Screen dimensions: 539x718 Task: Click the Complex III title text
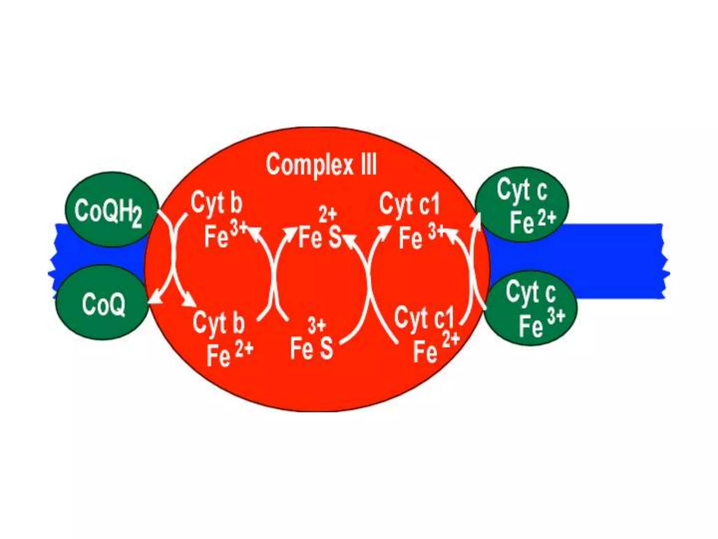pyautogui.click(x=321, y=165)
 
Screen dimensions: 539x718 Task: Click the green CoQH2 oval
pyautogui.click(x=111, y=210)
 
